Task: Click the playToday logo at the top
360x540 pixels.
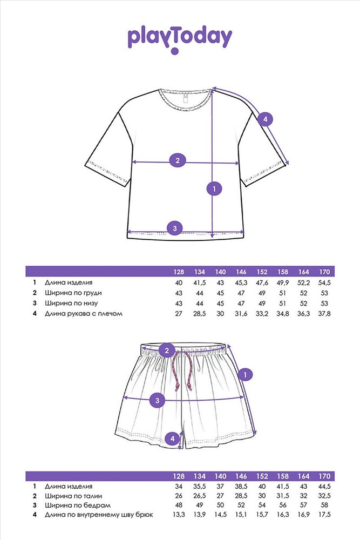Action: click(180, 38)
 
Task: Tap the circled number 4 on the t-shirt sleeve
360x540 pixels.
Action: click(264, 119)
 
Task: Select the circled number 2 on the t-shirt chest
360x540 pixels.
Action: click(177, 160)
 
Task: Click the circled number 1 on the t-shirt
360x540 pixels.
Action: click(214, 188)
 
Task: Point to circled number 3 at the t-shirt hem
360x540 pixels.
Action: click(174, 228)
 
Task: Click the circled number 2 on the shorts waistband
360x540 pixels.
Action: click(167, 351)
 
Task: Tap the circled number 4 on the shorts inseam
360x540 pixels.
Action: click(172, 439)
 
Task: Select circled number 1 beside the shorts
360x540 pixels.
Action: click(246, 374)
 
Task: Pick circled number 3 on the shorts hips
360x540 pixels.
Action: click(157, 400)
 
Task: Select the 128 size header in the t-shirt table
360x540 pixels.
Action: click(179, 272)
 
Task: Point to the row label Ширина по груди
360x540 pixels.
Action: click(73, 293)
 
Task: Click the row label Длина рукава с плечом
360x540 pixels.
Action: click(89, 313)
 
